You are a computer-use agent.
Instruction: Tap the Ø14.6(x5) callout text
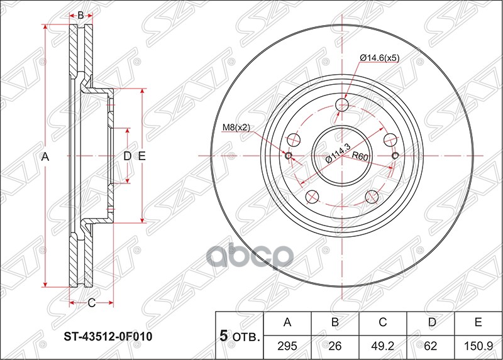pos(380,58)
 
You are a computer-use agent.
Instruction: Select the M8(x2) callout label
pos(236,128)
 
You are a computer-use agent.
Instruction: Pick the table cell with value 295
pos(287,346)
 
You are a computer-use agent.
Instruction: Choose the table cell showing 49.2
pos(382,346)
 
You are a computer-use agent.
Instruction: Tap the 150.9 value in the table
pos(478,346)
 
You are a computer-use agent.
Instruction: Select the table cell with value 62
pos(430,346)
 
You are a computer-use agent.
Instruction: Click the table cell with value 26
pos(335,346)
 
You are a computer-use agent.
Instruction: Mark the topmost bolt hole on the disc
pos(342,104)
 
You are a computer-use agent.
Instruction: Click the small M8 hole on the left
pos(289,156)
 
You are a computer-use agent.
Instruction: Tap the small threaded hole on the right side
pos(395,156)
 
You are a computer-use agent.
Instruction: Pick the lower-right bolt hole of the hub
pos(372,197)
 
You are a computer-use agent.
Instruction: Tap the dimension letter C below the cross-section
pos(91,303)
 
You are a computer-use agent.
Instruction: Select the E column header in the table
pos(478,323)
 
